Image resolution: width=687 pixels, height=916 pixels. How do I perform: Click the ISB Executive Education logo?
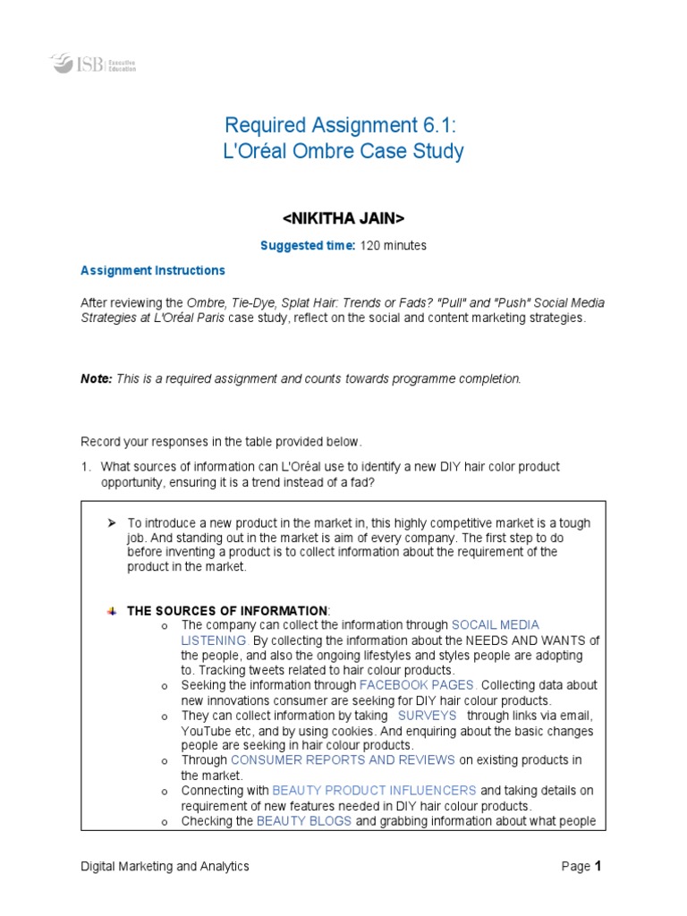pyautogui.click(x=93, y=64)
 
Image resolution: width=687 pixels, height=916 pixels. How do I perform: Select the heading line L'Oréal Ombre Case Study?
pyautogui.click(x=343, y=151)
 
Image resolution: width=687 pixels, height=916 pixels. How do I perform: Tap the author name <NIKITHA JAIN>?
pyautogui.click(x=343, y=218)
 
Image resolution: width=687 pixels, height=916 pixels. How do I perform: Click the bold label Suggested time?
pyautogui.click(x=308, y=245)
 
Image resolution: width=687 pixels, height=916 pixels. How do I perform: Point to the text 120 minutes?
pyautogui.click(x=393, y=245)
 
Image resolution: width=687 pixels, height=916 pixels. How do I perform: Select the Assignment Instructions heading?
pyautogui.click(x=153, y=270)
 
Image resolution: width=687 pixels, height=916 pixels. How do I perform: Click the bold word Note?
pyautogui.click(x=96, y=378)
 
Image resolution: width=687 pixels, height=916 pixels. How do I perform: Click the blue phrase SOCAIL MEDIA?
pyautogui.click(x=496, y=624)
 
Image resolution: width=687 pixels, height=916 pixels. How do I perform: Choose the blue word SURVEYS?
pyautogui.click(x=427, y=716)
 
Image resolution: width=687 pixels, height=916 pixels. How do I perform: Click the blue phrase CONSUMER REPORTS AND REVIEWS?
pyautogui.click(x=343, y=760)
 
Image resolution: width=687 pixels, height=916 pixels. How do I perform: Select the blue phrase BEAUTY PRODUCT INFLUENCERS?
pyautogui.click(x=374, y=791)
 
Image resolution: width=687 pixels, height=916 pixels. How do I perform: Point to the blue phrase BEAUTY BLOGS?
pyautogui.click(x=303, y=821)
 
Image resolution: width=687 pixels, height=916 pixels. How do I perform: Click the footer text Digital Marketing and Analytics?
pyautogui.click(x=165, y=866)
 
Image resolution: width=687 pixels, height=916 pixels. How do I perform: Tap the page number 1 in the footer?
pyautogui.click(x=598, y=866)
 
